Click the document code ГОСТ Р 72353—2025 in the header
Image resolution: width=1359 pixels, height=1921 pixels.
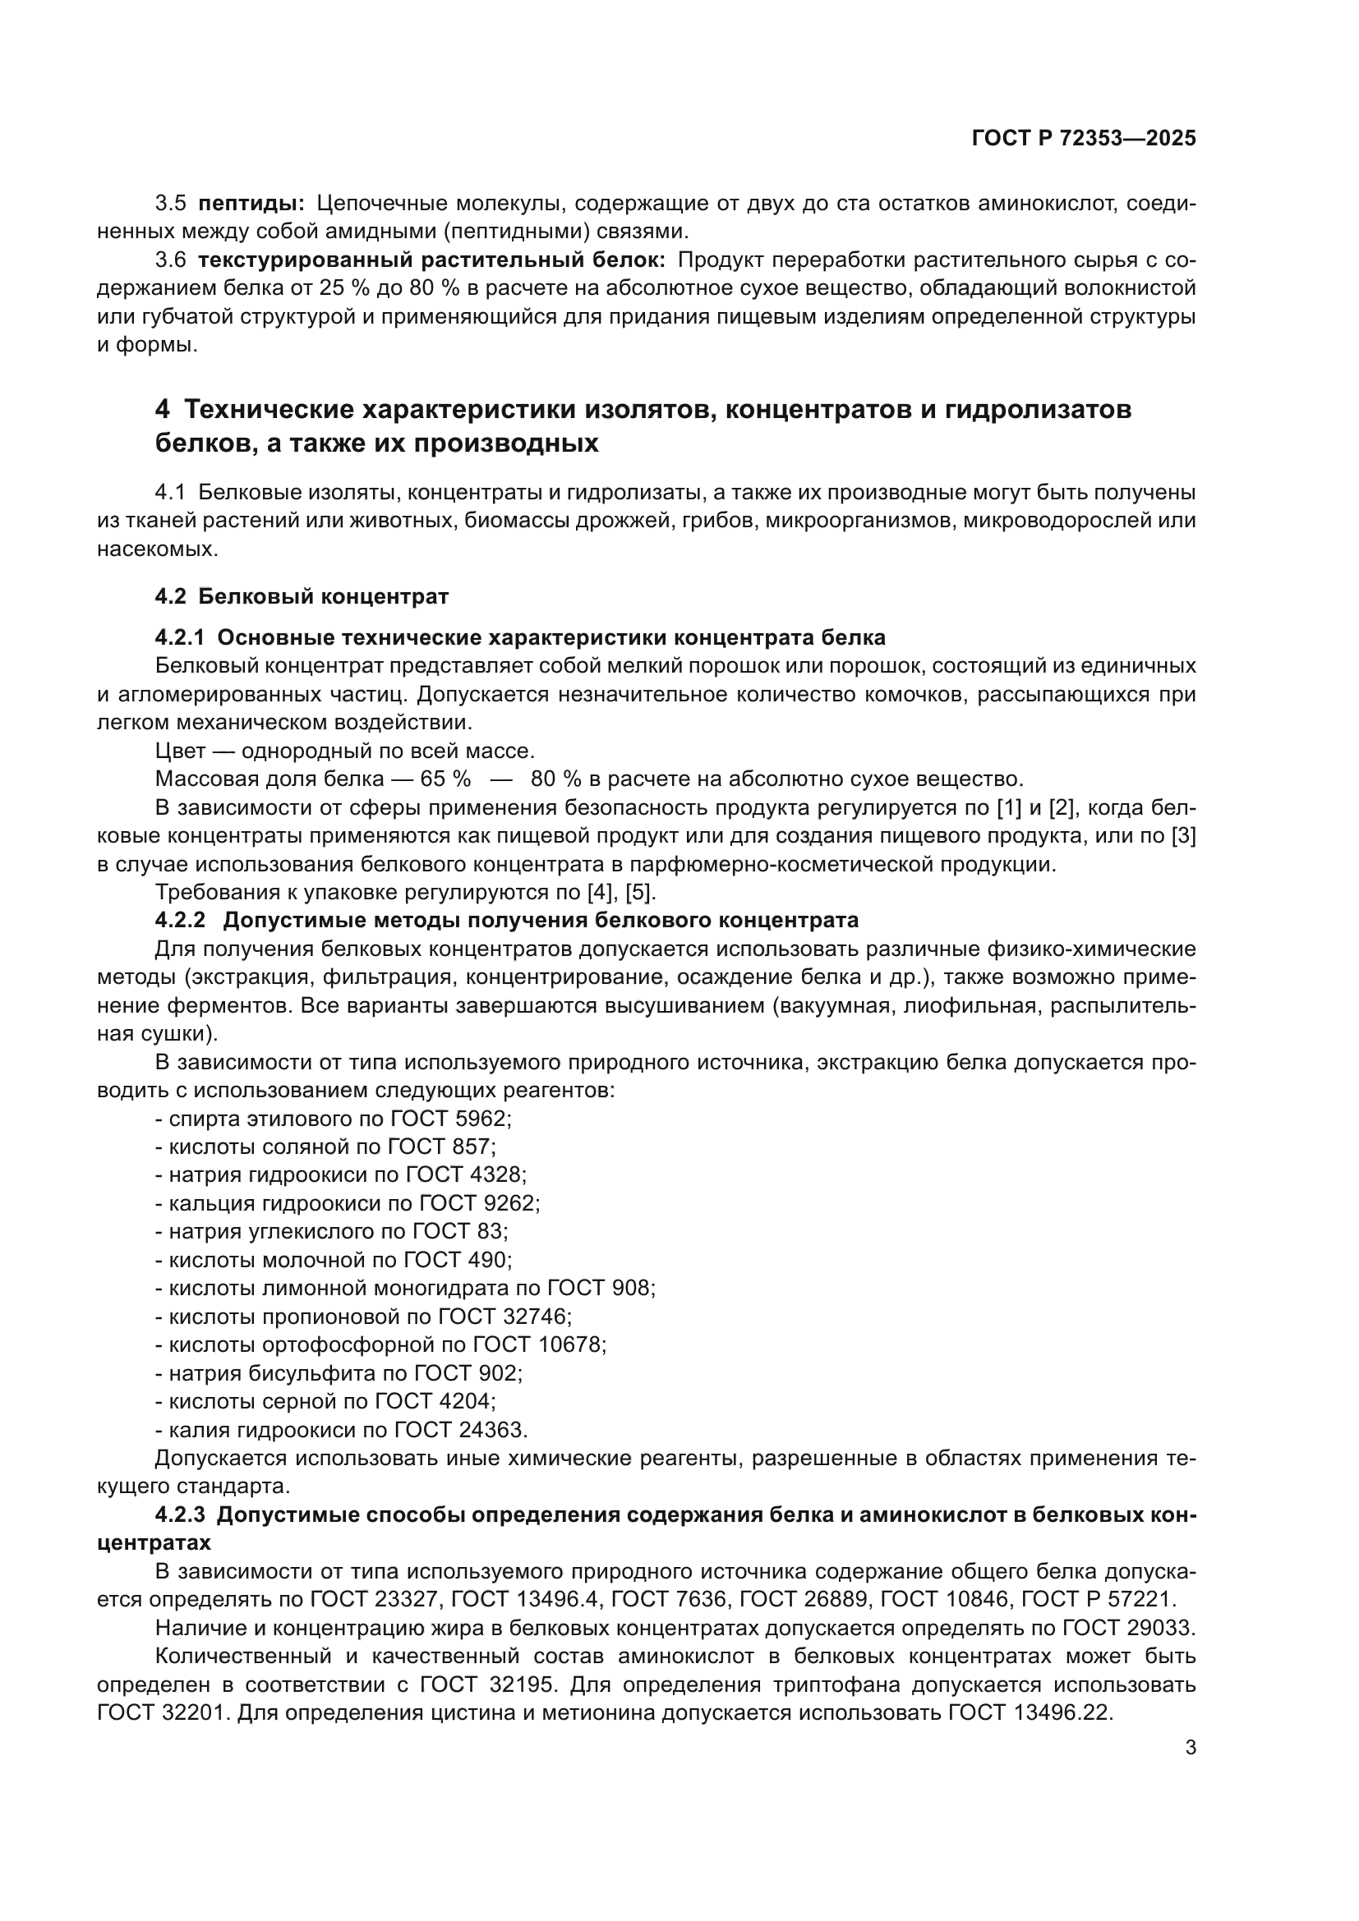pyautogui.click(x=1084, y=139)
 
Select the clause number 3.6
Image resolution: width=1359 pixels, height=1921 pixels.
pyautogui.click(x=171, y=260)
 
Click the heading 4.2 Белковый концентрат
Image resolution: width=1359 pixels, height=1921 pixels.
pyautogui.click(x=302, y=596)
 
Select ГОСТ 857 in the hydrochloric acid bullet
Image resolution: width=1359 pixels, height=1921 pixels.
pyautogui.click(x=454, y=1147)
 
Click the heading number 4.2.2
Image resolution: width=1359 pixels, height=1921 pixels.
pyautogui.click(x=180, y=921)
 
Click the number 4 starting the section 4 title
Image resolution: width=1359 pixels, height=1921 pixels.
pyautogui.click(x=163, y=410)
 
